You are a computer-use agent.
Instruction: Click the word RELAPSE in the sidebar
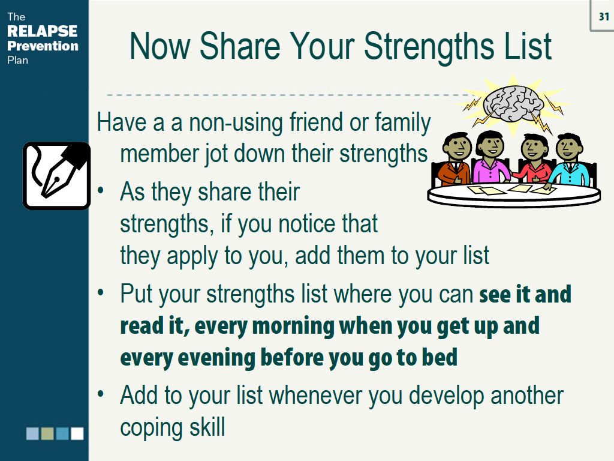pyautogui.click(x=42, y=31)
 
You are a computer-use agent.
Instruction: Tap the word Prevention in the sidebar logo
pyautogui.click(x=42, y=46)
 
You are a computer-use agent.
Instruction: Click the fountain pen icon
pyautogui.click(x=56, y=176)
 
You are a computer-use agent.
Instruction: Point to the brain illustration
pyautogui.click(x=513, y=102)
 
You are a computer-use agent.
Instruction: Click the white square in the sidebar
pyautogui.click(x=77, y=433)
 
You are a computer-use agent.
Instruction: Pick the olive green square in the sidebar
pyautogui.click(x=48, y=433)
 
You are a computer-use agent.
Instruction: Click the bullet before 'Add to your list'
pyautogui.click(x=102, y=394)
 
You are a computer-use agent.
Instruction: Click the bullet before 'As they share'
pyautogui.click(x=102, y=191)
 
